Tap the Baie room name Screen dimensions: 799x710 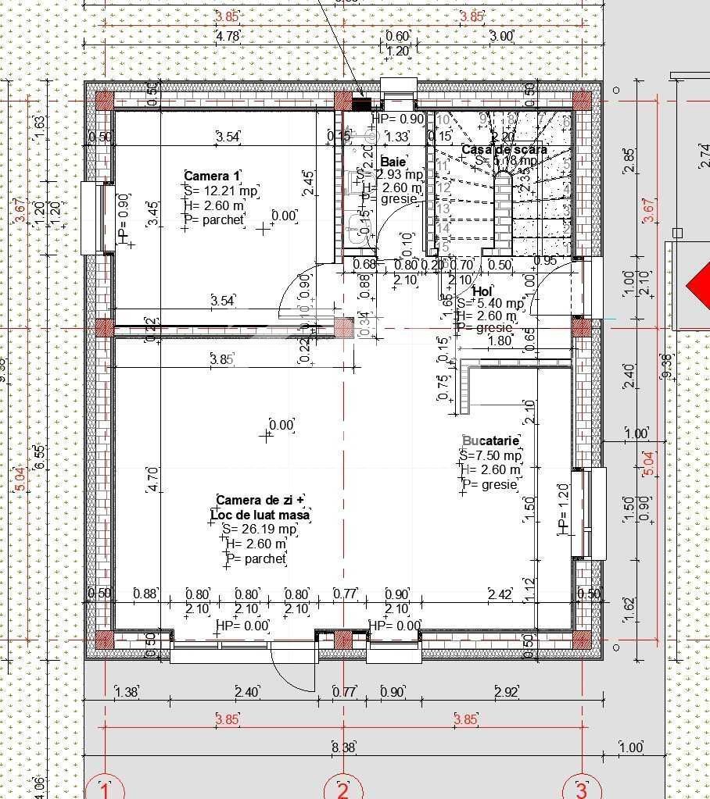[392, 161]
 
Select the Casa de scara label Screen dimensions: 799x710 [504, 149]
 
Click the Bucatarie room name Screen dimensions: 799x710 [490, 441]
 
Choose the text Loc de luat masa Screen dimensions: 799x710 [260, 515]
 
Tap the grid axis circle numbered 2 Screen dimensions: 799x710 [342, 789]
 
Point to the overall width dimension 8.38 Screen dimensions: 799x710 [342, 747]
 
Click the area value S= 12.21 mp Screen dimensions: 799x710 [221, 191]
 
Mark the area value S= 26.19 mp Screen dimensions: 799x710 [248, 530]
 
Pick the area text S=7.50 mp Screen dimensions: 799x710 [490, 455]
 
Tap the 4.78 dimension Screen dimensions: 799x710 [228, 36]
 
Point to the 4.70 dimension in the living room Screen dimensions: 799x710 [152, 478]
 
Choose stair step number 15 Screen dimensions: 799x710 [443, 247]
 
